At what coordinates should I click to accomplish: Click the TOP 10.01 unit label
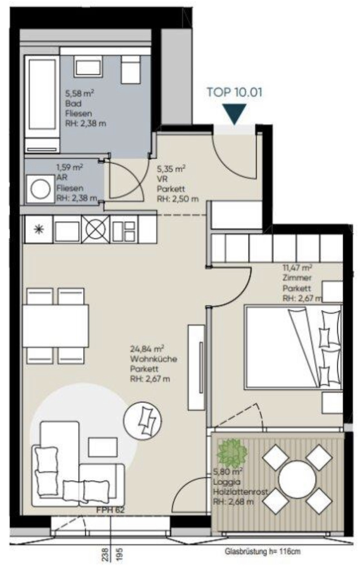(234, 92)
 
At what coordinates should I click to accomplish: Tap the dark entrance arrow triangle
(235, 113)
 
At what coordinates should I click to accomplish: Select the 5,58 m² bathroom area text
(79, 93)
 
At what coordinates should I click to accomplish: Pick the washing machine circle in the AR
(40, 189)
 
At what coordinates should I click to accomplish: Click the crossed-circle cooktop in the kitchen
(96, 230)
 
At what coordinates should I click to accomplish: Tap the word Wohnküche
(154, 359)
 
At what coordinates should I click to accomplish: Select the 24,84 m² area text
(147, 349)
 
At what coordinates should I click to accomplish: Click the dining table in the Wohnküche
(56, 326)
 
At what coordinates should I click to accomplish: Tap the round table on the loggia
(297, 480)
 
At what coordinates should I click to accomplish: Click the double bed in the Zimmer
(293, 347)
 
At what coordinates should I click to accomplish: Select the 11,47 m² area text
(297, 268)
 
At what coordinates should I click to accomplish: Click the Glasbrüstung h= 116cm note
(263, 551)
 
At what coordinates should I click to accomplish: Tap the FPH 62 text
(110, 510)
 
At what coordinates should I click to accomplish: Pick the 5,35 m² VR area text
(171, 169)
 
